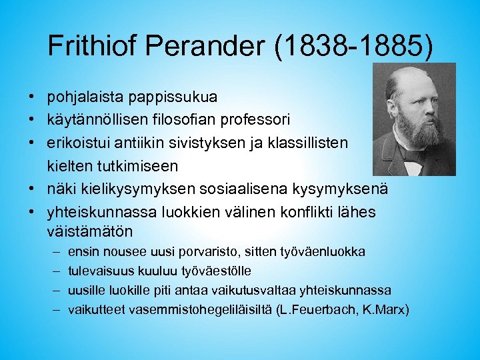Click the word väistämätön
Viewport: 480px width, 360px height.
90,233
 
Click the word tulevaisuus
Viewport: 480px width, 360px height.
99,271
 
